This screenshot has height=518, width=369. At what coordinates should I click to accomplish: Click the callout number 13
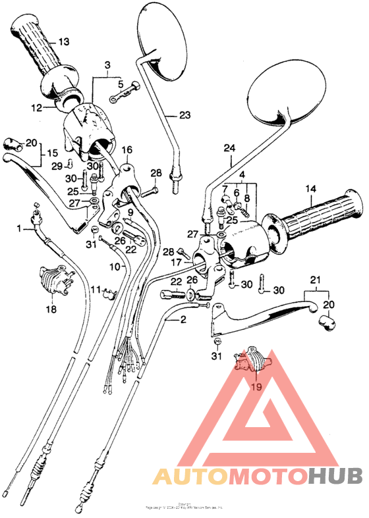tap(63, 41)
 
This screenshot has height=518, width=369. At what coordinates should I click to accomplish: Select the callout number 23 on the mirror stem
tap(184, 115)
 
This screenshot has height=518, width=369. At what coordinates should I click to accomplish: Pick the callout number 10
tap(114, 267)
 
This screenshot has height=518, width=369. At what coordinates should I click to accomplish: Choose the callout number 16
tap(127, 150)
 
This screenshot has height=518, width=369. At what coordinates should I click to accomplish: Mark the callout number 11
tap(96, 289)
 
